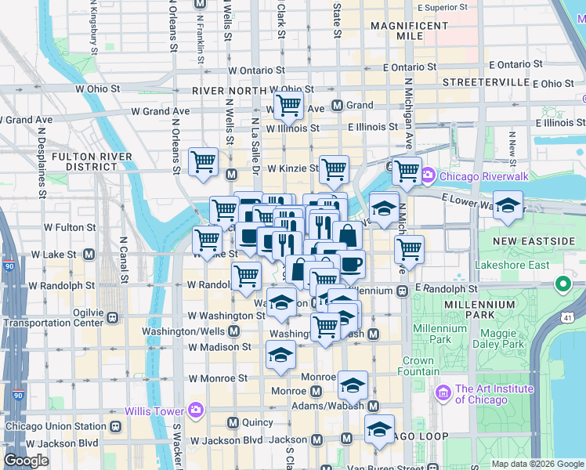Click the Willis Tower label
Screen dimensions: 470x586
coord(154,410)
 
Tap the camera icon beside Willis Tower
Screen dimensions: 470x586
coord(194,410)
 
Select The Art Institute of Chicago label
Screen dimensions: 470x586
coord(494,394)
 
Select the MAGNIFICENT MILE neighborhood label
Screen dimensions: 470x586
coord(408,31)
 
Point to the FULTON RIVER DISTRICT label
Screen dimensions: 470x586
coord(85,161)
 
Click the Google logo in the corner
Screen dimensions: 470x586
coord(27,461)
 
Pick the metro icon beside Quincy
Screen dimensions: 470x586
coord(232,422)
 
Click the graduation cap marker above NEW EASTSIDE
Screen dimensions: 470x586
coord(508,205)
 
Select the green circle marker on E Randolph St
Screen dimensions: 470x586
coord(562,283)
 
